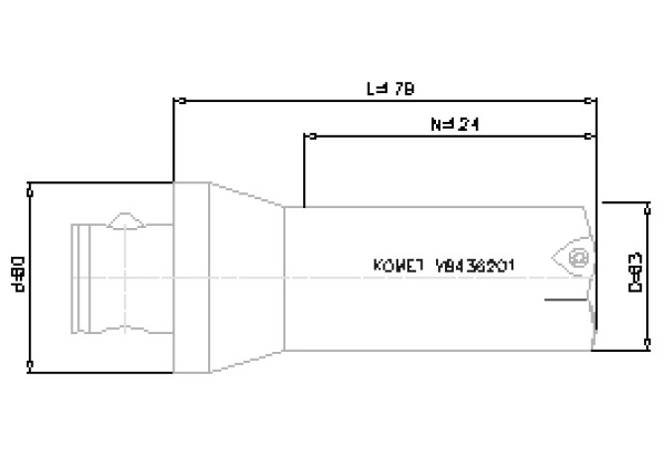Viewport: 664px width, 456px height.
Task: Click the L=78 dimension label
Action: (x=389, y=89)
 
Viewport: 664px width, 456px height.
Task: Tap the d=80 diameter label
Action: (x=21, y=275)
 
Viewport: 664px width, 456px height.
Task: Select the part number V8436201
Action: (x=481, y=266)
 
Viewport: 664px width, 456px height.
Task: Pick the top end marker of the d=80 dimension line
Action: (x=32, y=183)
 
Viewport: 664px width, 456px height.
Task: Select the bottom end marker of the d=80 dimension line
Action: (x=32, y=366)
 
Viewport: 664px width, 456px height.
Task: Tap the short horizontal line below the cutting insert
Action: (x=561, y=296)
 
